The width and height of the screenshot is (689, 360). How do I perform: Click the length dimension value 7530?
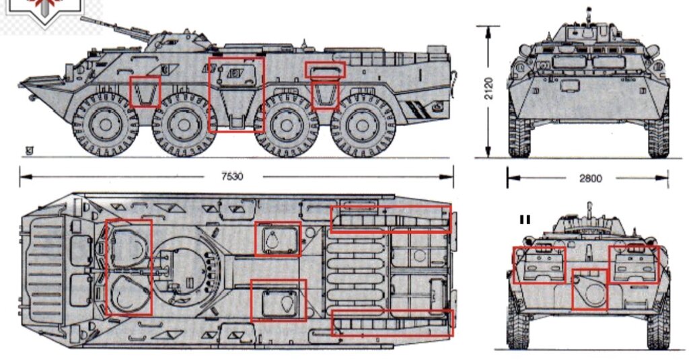(x=232, y=176)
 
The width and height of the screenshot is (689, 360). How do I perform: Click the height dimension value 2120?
(x=488, y=88)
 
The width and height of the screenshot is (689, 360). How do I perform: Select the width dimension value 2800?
(x=590, y=178)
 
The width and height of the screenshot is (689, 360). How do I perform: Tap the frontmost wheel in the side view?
(x=106, y=124)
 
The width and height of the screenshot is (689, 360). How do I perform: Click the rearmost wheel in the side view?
(x=363, y=125)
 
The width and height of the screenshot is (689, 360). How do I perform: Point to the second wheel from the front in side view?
(x=184, y=125)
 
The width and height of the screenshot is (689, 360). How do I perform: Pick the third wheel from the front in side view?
(x=287, y=125)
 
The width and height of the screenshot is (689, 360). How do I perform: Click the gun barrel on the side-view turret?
(x=115, y=29)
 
